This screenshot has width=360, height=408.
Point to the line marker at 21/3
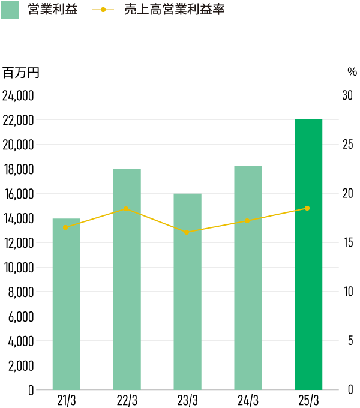pyautogui.click(x=65, y=227)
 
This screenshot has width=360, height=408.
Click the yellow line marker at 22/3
pyautogui.click(x=126, y=209)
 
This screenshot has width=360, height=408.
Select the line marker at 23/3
pyautogui.click(x=187, y=232)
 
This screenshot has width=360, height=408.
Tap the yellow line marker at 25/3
pyautogui.click(x=307, y=208)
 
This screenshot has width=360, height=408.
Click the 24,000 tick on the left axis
pyautogui.click(x=18, y=96)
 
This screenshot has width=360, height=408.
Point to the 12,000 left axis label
pyautogui.click(x=18, y=243)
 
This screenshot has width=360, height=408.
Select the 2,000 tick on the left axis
pyautogui.click(x=21, y=365)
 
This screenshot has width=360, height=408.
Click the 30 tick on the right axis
pyautogui.click(x=347, y=96)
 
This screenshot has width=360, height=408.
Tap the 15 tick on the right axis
pyautogui.click(x=347, y=243)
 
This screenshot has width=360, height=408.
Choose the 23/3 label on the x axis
pyautogui.click(x=187, y=400)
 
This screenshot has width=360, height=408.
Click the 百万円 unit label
pyautogui.click(x=20, y=73)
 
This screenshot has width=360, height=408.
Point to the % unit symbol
pyautogui.click(x=352, y=72)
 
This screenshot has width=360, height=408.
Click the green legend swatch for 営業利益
pyautogui.click(x=10, y=10)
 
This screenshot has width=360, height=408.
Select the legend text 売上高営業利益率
pyautogui.click(x=174, y=10)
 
